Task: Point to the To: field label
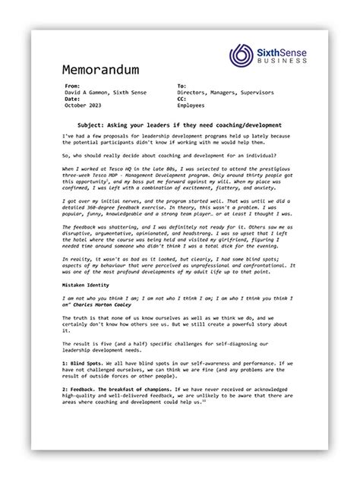[182, 87]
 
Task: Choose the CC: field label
[182, 99]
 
